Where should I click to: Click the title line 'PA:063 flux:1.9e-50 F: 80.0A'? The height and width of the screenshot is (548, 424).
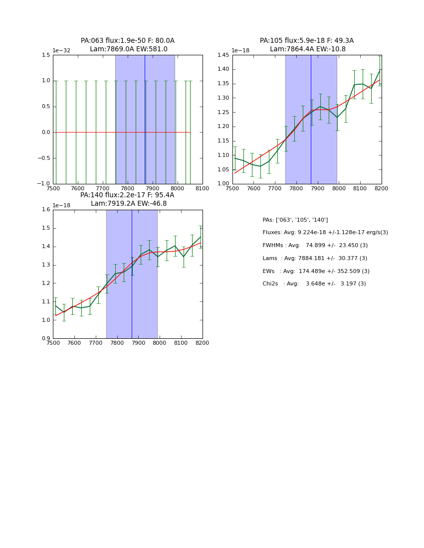tap(128, 41)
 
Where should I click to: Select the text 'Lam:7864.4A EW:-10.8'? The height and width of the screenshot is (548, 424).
tap(307, 49)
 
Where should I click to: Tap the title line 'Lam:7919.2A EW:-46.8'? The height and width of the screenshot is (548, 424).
tap(129, 204)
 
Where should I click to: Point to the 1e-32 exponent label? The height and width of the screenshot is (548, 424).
tap(62, 50)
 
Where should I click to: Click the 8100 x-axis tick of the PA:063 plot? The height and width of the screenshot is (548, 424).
tap(202, 188)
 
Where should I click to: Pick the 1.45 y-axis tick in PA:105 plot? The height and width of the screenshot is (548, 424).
tap(222, 55)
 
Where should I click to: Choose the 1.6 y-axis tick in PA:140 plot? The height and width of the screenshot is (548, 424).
tap(45, 210)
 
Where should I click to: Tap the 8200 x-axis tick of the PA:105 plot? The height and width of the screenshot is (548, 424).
tap(381, 188)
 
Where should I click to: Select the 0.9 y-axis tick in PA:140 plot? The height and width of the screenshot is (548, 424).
tap(45, 339)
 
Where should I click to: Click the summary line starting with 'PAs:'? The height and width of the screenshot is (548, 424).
tap(295, 220)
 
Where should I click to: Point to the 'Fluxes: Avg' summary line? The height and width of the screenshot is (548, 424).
tap(325, 233)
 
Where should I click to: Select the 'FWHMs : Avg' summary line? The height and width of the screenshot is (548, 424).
tap(315, 246)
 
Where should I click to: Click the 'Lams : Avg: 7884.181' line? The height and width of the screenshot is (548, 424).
tap(315, 259)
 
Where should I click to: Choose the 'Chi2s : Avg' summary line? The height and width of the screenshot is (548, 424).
tap(314, 284)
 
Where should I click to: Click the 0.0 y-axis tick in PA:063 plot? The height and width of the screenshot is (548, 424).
tap(45, 133)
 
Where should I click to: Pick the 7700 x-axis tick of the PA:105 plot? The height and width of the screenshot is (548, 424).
tap(274, 188)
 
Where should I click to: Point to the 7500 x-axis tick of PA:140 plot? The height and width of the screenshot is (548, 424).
tap(53, 343)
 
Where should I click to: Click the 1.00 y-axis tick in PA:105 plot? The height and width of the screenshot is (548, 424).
tap(222, 184)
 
